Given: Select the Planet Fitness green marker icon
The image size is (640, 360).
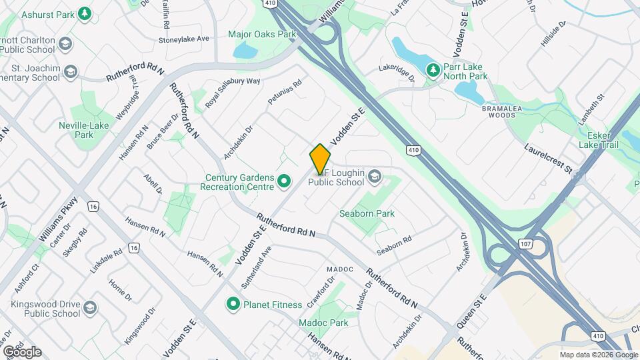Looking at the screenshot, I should coord(233,305).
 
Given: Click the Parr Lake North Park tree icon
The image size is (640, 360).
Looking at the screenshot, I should coord(433,70).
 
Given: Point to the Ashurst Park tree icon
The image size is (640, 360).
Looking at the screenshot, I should coord(85,13).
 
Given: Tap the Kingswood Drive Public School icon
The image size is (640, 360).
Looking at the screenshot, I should coord(90,308).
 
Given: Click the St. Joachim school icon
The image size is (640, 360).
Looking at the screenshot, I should coord(71,71).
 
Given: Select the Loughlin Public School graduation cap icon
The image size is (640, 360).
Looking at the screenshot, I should coord(374,177).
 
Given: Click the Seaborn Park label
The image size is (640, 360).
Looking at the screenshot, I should coord(367,214).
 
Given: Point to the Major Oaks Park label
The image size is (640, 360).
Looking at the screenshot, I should coord(261,33).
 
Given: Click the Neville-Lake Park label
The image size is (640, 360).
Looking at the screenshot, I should coord(84,129).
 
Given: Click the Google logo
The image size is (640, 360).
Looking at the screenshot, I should coord(23,351).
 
